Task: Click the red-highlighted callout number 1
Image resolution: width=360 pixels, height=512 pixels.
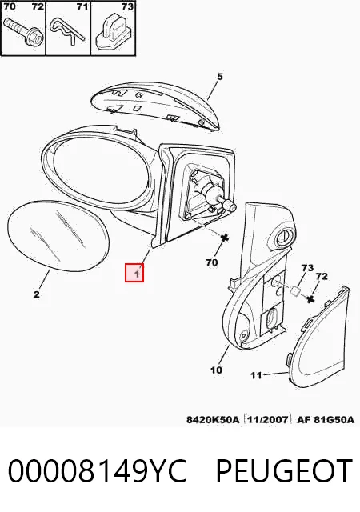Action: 137,273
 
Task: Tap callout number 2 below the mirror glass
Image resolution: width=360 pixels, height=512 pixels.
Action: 37,294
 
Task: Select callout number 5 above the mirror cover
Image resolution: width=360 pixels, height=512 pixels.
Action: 219,77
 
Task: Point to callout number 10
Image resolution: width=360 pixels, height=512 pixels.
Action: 216,370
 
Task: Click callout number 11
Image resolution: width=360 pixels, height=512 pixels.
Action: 256,375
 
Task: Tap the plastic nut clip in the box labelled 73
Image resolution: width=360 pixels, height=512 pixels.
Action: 113,32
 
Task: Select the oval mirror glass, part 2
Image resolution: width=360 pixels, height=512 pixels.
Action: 58,236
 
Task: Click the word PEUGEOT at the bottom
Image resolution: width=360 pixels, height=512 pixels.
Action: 284,471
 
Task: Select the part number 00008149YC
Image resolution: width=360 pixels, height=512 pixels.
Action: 97,471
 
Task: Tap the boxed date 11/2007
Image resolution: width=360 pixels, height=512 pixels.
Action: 267,419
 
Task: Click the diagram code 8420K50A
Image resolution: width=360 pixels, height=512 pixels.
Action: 213,419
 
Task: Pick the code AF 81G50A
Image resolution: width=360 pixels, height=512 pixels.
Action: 326,419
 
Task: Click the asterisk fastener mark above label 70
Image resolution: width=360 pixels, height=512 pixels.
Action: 225,238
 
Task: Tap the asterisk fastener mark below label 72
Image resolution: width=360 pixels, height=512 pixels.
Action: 310,298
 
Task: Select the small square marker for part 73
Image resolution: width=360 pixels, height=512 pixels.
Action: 295,290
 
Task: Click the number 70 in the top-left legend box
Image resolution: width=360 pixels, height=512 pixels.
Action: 10,6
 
